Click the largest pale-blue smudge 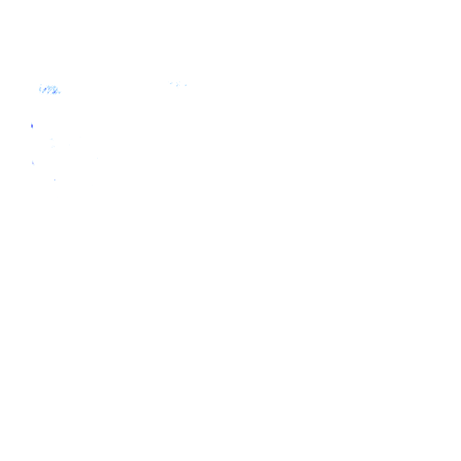pyautogui.click(x=49, y=90)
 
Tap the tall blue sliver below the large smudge pyautogui.click(x=31, y=125)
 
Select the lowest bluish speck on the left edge pyautogui.click(x=33, y=163)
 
